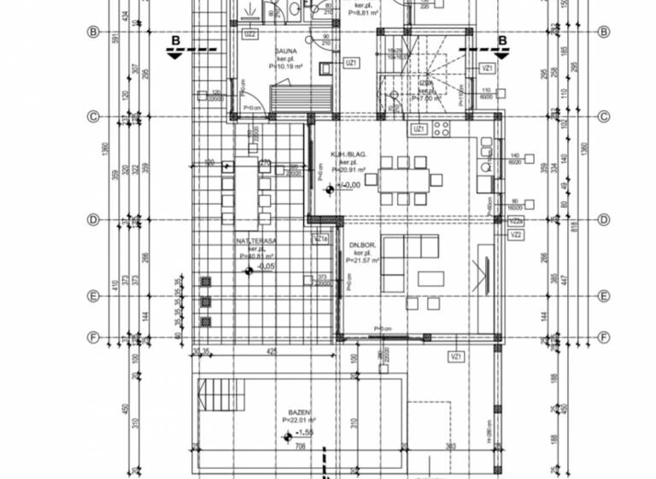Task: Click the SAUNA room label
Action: coord(262,51)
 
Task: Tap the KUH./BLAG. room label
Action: coord(348,155)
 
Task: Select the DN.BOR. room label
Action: coord(363,245)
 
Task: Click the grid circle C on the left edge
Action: coord(92,117)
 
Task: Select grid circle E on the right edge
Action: coord(604,296)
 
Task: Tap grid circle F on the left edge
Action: coord(92,337)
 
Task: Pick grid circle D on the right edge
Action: coord(604,220)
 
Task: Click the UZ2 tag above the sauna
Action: coord(250,34)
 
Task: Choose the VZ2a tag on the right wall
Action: coord(515,220)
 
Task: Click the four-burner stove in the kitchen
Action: coord(442,130)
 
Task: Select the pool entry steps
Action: coord(220,398)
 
